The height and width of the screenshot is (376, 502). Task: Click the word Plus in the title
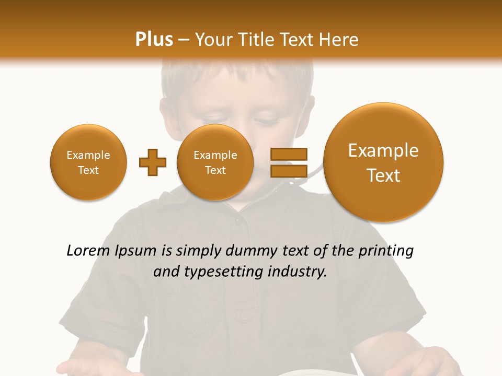tap(154, 40)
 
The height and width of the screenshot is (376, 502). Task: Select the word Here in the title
tap(340, 40)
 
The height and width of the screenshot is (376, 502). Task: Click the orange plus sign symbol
tap(153, 162)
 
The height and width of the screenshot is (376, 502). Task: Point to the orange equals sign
tap(289, 162)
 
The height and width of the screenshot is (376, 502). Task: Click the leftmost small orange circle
tap(88, 162)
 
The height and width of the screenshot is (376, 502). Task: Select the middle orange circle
tap(215, 162)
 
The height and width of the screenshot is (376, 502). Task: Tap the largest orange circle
tap(383, 162)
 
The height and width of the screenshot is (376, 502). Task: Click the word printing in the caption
tap(387, 251)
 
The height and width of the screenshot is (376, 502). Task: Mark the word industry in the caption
tap(298, 272)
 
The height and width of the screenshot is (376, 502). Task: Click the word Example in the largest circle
tap(383, 150)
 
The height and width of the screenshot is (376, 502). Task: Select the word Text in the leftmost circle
tap(88, 170)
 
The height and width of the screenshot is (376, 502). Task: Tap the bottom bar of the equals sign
tap(289, 171)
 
